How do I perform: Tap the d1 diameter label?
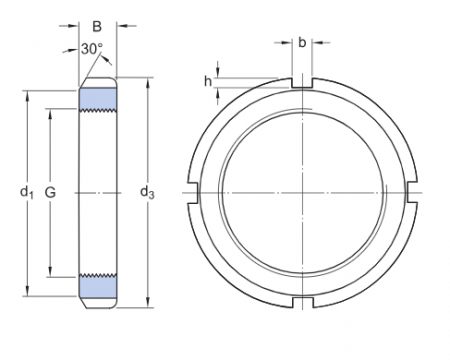coord(27,190)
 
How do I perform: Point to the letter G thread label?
coord(51,190)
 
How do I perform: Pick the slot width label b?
coord(302,42)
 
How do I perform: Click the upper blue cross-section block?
coord(98,100)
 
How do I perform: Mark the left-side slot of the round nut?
coord(193,190)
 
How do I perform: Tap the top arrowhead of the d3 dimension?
coord(148,81)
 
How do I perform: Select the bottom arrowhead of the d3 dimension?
coord(148,299)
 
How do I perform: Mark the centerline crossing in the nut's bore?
coord(302,190)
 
